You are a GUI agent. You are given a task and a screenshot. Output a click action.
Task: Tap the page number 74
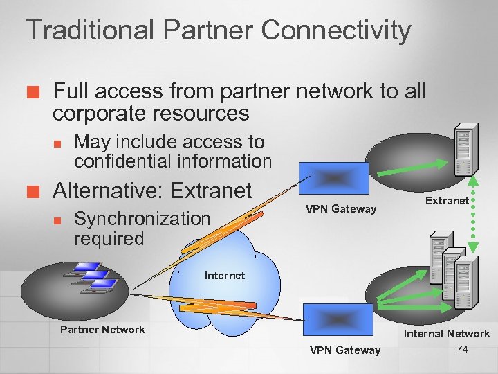click(x=463, y=349)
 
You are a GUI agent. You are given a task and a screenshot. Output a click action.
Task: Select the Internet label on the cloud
click(x=225, y=276)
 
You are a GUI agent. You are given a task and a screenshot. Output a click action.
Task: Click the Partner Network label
click(x=102, y=329)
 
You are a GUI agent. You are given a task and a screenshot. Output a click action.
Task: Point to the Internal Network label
click(x=447, y=334)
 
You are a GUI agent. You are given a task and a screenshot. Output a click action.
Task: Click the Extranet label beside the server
click(x=447, y=201)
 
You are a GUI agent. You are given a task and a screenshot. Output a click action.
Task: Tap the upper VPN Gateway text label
click(x=342, y=208)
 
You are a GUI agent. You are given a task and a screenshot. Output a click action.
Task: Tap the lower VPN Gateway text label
click(x=345, y=350)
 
